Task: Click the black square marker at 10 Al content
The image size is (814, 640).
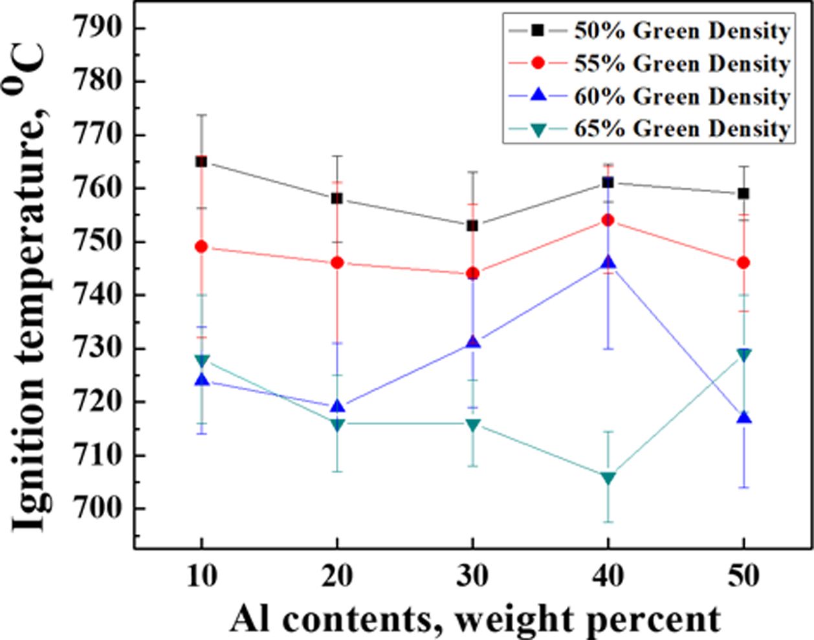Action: (201, 161)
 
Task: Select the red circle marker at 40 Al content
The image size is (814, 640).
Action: (608, 220)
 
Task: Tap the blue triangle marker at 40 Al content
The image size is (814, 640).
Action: (608, 262)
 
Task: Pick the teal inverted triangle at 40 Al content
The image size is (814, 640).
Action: (608, 478)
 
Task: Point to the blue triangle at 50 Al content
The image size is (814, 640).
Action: (743, 417)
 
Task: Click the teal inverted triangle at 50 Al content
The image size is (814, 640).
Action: (743, 355)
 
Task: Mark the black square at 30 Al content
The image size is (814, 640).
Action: (472, 225)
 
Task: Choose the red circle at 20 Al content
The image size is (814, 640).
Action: (336, 263)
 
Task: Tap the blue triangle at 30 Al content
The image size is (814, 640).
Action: (472, 342)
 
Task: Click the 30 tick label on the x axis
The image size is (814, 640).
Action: (472, 575)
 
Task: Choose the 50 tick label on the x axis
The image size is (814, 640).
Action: (743, 575)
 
